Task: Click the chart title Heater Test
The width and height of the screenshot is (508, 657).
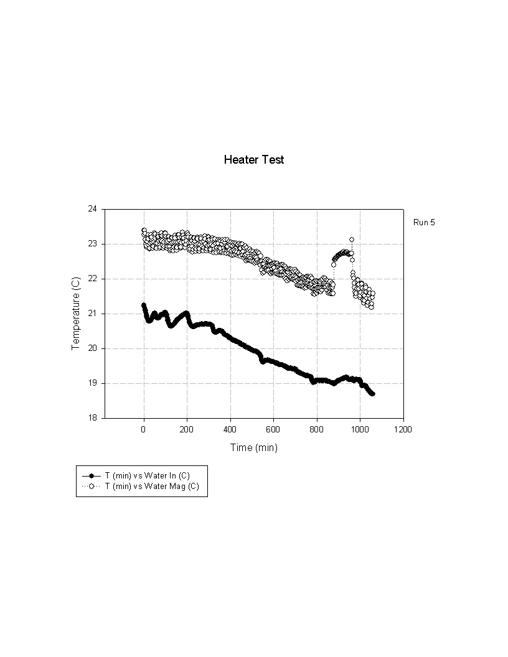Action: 254,160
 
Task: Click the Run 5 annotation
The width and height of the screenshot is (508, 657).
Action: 424,222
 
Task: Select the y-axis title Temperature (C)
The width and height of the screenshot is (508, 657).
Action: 76,313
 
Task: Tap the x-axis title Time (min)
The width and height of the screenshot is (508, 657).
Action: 254,447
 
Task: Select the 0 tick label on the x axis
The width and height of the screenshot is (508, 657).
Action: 144,429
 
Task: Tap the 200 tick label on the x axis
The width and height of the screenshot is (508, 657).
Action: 187,429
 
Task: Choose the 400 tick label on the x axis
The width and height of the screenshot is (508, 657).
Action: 230,429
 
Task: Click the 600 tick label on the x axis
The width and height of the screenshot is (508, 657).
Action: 273,429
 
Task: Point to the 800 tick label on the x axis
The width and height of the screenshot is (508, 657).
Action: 317,429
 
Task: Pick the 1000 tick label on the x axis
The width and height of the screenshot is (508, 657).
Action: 360,429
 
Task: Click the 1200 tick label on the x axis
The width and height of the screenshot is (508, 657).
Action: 403,429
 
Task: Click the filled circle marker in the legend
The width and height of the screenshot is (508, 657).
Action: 91,476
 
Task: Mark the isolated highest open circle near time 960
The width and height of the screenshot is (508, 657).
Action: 352,240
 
